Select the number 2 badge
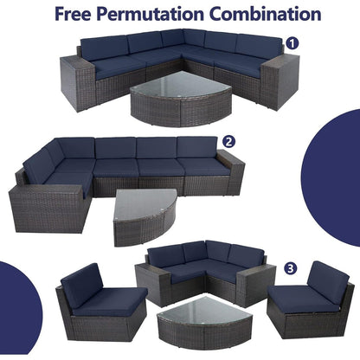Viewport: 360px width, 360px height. (228, 141)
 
